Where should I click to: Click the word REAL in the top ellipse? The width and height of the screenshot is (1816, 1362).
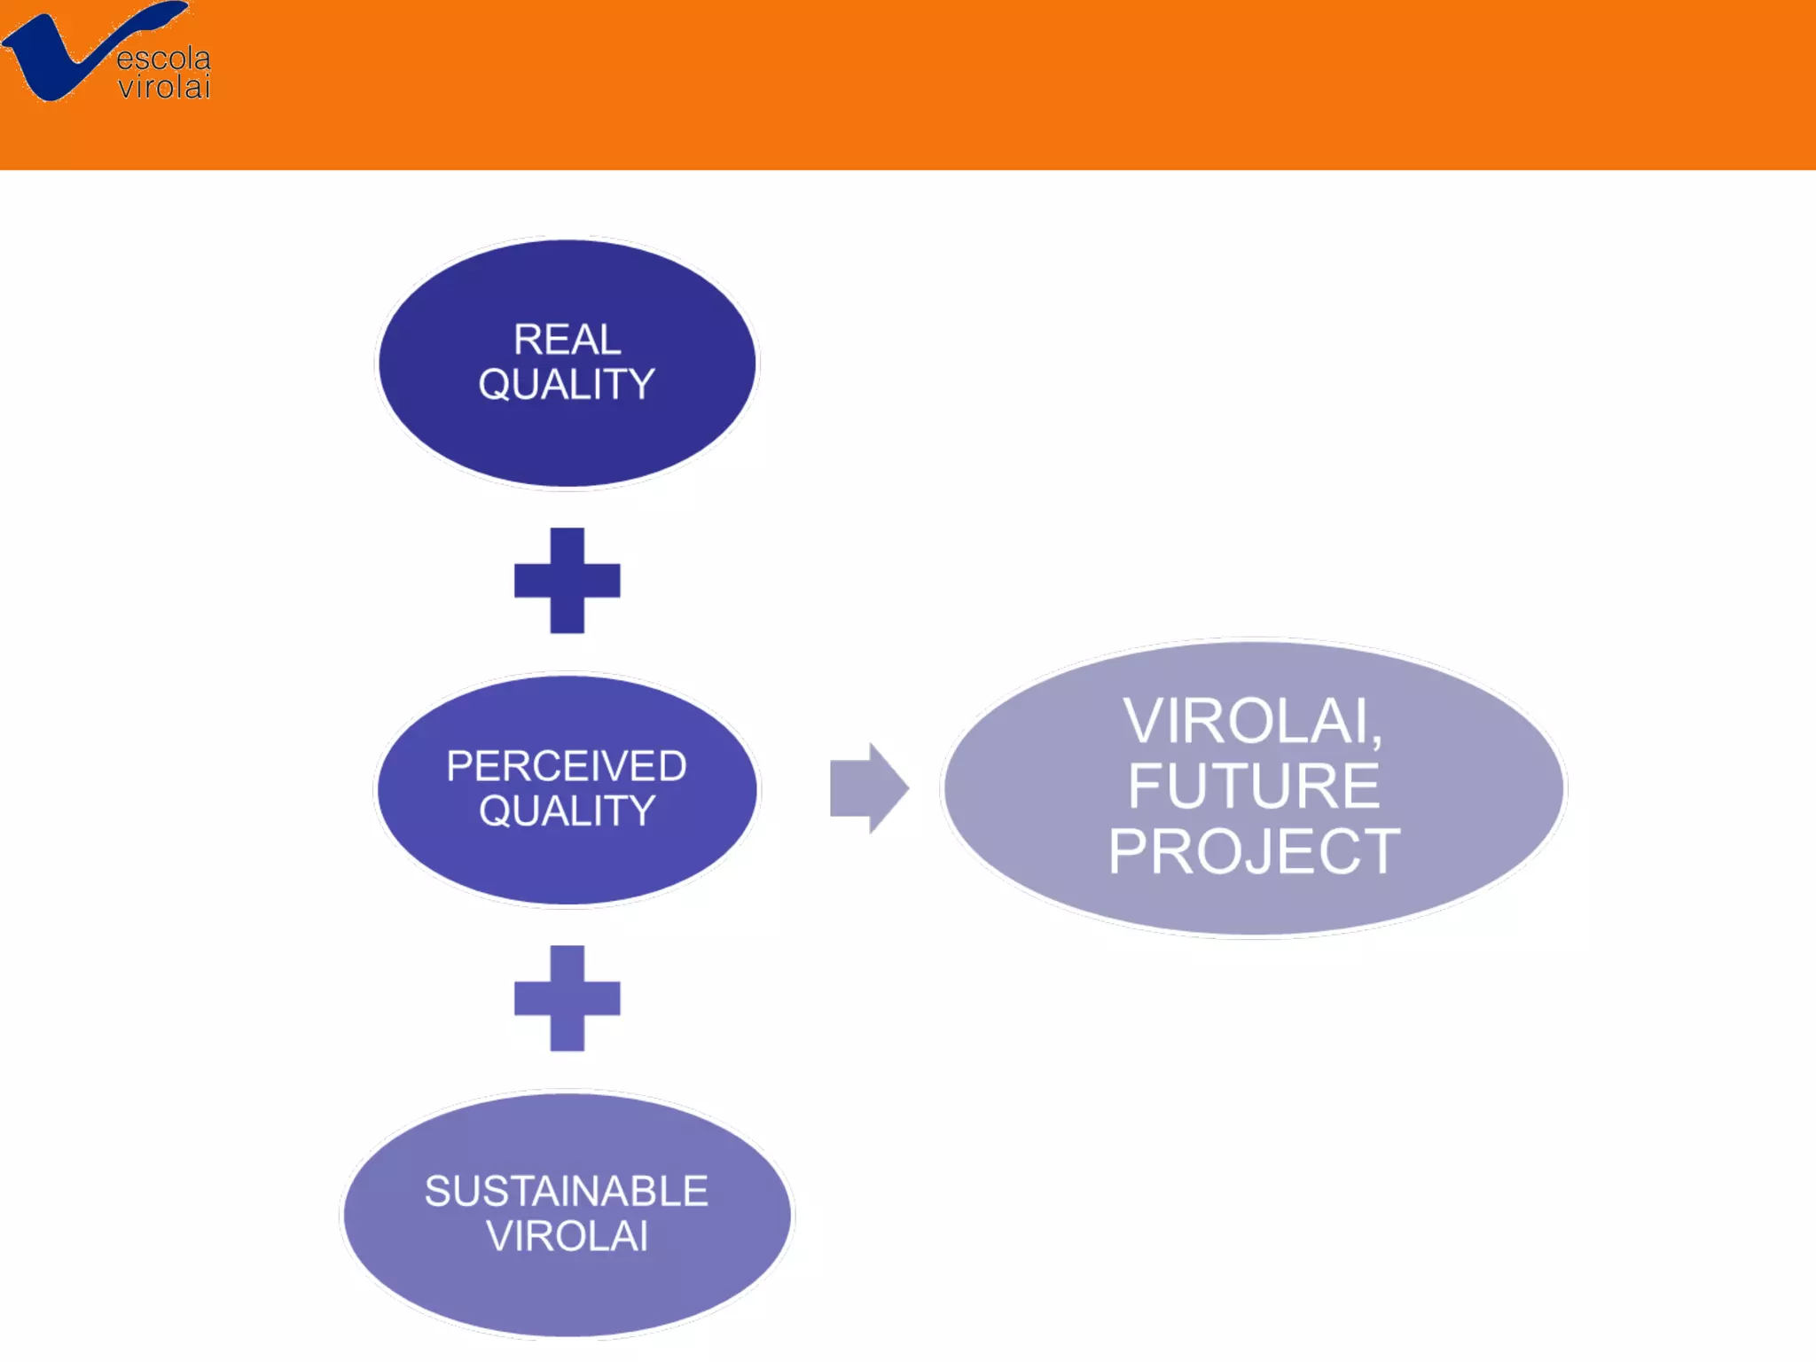pyautogui.click(x=567, y=340)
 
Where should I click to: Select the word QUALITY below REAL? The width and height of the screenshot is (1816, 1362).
pyautogui.click(x=567, y=385)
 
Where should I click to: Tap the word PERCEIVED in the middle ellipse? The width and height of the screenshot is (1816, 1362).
pyautogui.click(x=567, y=766)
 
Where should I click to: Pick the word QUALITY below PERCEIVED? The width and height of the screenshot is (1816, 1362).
pyautogui.click(x=567, y=811)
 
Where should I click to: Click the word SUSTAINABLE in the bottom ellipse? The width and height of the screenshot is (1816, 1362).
pyautogui.click(x=567, y=1191)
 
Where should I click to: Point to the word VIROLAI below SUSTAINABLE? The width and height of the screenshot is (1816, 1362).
pyautogui.click(x=567, y=1236)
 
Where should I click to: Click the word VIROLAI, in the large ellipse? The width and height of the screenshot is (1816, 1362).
pyautogui.click(x=1252, y=721)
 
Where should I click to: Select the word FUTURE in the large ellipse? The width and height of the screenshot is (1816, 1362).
pyautogui.click(x=1254, y=786)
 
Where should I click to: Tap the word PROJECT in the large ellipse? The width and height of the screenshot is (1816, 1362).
pyautogui.click(x=1254, y=852)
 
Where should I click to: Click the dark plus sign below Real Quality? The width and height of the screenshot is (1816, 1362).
pyautogui.click(x=567, y=581)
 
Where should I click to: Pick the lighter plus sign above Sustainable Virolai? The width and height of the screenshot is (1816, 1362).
pyautogui.click(x=567, y=998)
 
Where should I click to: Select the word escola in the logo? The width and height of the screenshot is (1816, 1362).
pyautogui.click(x=164, y=59)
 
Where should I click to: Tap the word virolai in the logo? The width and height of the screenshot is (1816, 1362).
pyautogui.click(x=165, y=88)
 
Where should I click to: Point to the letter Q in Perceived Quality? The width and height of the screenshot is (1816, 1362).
pyautogui.click(x=497, y=811)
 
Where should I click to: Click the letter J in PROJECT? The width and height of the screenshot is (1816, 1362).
pyautogui.click(x=1267, y=852)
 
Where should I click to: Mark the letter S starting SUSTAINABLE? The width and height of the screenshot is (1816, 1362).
pyautogui.click(x=438, y=1191)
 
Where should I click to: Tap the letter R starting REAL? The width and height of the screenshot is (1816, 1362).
pyautogui.click(x=528, y=340)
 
